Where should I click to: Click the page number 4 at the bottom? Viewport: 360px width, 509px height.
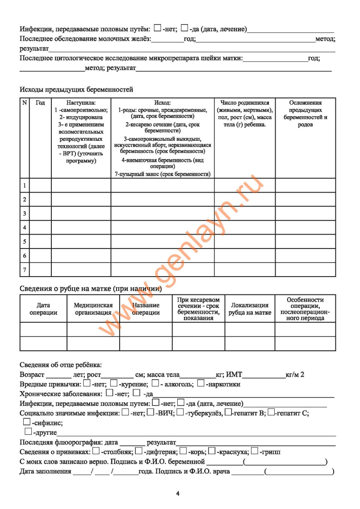pyautogui.click(x=178, y=493)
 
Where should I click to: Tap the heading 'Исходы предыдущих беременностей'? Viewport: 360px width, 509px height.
pyautogui.click(x=76, y=89)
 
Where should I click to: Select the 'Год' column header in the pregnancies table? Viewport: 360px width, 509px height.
pyautogui.click(x=40, y=103)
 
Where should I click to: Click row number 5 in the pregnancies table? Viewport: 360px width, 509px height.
pyautogui.click(x=25, y=241)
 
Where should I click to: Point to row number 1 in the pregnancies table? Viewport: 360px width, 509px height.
pyautogui.click(x=25, y=185)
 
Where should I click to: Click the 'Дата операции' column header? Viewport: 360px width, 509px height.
pyautogui.click(x=43, y=309)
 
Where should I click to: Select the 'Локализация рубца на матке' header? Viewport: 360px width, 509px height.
pyautogui.click(x=250, y=309)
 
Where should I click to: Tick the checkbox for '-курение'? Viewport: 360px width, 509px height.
pyautogui.click(x=114, y=384)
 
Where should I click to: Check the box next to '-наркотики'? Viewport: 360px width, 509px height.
pyautogui.click(x=201, y=384)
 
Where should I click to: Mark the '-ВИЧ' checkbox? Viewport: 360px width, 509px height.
pyautogui.click(x=151, y=412)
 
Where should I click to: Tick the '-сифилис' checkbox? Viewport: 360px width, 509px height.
pyautogui.click(x=27, y=422)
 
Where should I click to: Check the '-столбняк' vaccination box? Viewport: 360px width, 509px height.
pyautogui.click(x=96, y=451)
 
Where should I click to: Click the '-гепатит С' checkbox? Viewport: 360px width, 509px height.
pyautogui.click(x=271, y=412)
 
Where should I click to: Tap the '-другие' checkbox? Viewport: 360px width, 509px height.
pyautogui.click(x=28, y=432)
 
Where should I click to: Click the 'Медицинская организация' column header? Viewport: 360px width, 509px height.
pyautogui.click(x=93, y=309)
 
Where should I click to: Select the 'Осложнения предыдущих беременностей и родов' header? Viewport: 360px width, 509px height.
pyautogui.click(x=305, y=114)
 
